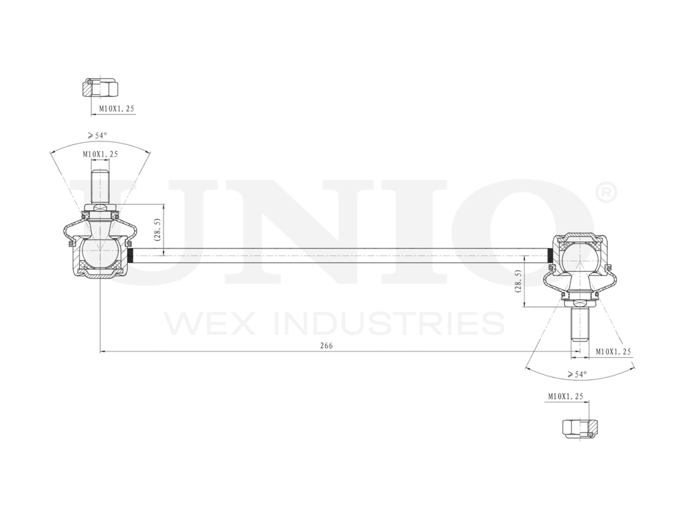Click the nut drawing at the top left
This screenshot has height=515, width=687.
101,88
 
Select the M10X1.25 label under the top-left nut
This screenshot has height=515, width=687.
116,108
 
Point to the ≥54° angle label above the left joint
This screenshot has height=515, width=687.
97,135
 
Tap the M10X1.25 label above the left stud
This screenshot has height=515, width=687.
100,154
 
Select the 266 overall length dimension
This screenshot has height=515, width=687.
326,346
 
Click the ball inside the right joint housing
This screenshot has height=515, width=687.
580,259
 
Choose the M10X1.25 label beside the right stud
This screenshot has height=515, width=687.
613,351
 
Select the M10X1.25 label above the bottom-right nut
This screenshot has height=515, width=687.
565,396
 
